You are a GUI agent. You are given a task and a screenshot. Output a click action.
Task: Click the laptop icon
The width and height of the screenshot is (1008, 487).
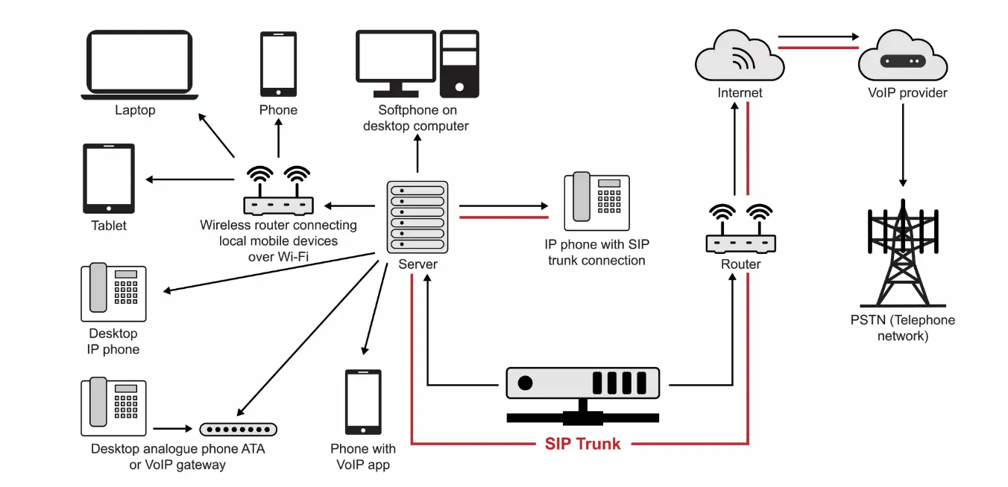[139, 65]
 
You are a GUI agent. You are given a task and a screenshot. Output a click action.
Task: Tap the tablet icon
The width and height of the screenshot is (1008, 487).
[109, 179]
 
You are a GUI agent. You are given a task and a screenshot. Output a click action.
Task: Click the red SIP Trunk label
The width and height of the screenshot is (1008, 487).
[582, 444]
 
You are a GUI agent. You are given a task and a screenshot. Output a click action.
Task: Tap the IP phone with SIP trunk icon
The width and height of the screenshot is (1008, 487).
[596, 202]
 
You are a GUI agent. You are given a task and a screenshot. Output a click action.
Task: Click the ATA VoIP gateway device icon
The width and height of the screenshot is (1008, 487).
[238, 429]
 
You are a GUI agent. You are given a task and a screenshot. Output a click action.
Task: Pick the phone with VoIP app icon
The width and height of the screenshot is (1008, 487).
[363, 402]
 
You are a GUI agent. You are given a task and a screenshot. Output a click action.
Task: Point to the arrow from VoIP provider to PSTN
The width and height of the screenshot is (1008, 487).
[903, 145]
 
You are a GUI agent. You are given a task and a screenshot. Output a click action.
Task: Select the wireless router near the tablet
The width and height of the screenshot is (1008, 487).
[278, 193]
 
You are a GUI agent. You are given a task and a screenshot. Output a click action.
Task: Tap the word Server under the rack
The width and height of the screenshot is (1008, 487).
[418, 264]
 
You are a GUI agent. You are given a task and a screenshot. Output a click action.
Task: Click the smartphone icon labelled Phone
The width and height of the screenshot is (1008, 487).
[278, 64]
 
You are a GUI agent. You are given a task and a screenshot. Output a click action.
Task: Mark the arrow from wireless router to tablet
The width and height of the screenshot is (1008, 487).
[190, 179]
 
